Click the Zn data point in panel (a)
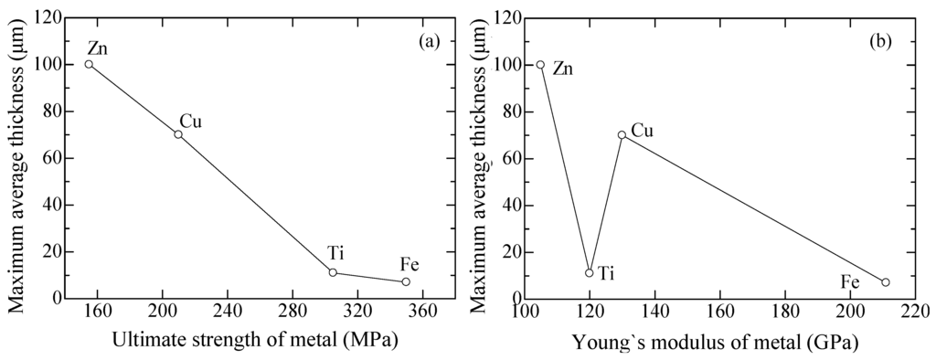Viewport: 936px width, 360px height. pos(89,64)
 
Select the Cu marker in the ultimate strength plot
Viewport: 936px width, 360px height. pos(178,134)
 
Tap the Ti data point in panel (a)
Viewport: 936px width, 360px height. pos(333,272)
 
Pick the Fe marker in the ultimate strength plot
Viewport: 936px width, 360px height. pos(406,281)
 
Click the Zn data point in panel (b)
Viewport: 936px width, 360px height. pos(540,65)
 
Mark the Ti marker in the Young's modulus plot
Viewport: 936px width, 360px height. pos(590,272)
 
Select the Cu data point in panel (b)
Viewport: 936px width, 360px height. pos(622,134)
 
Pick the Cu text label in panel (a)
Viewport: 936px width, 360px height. pos(191,121)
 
